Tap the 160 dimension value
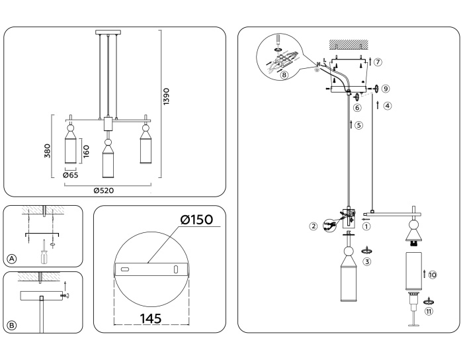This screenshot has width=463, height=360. [x=86, y=152]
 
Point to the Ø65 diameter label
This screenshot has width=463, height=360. [x=71, y=176]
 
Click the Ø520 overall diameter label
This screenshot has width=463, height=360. [x=106, y=190]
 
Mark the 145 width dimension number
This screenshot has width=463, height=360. [x=151, y=318]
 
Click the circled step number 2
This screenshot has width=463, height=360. [x=314, y=226]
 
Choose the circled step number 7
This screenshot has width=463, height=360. [x=378, y=62]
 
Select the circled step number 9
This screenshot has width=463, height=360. [x=386, y=88]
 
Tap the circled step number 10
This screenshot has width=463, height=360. [x=432, y=274]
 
